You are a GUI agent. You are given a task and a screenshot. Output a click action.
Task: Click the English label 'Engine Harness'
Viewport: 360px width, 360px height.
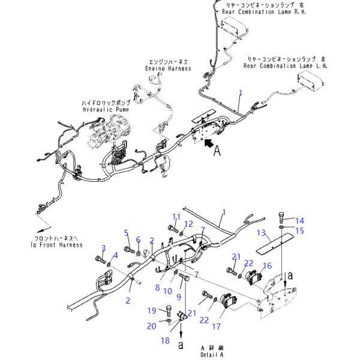(x=168, y=69)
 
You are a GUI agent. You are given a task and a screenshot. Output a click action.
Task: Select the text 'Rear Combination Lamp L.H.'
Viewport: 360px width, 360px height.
(x=285, y=66)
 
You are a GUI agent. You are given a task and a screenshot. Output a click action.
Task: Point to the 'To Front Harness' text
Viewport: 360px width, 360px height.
(x=58, y=245)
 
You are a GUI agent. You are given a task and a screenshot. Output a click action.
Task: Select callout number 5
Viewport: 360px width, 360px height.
(x=127, y=232)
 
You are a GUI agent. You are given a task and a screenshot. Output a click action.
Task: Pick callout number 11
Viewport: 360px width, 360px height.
(x=176, y=217)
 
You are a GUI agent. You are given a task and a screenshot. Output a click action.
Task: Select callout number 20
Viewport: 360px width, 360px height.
(x=152, y=325)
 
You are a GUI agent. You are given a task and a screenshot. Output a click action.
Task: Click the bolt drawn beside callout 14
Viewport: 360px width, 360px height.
(x=283, y=218)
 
